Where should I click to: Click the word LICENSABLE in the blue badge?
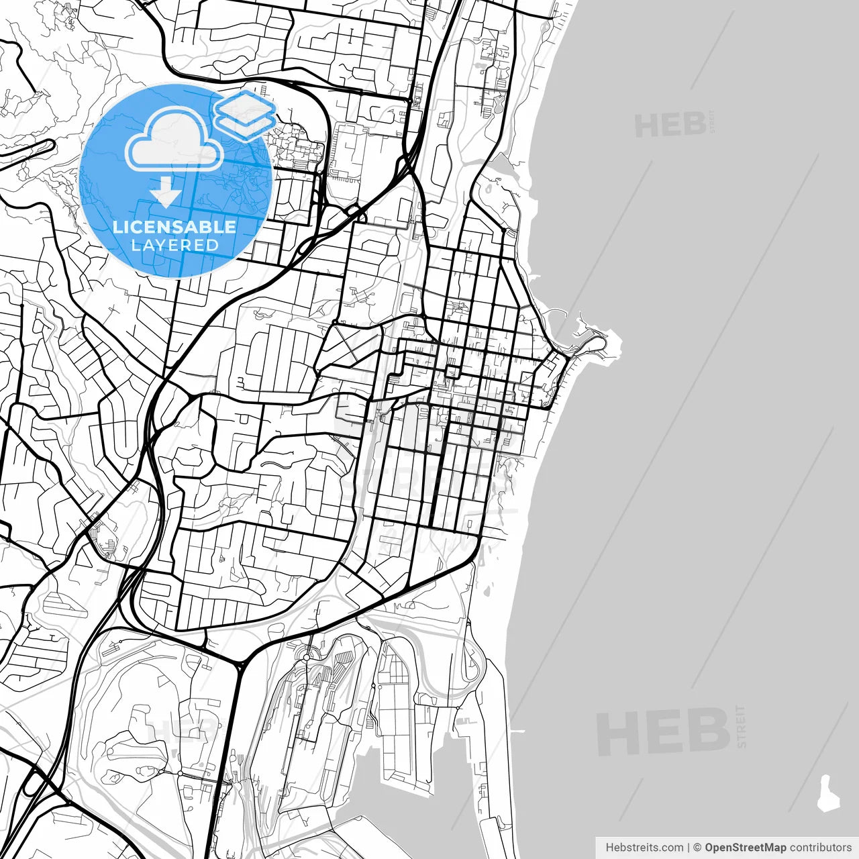coord(174,227)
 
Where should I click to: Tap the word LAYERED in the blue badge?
coord(174,246)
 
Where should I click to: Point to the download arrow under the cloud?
coord(165,192)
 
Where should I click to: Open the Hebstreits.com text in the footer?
coord(644,848)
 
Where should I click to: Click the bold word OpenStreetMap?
coord(745,848)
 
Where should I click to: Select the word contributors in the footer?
coord(820,848)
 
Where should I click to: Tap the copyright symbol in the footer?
coord(697,848)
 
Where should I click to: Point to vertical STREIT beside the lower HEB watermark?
coord(741,726)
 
